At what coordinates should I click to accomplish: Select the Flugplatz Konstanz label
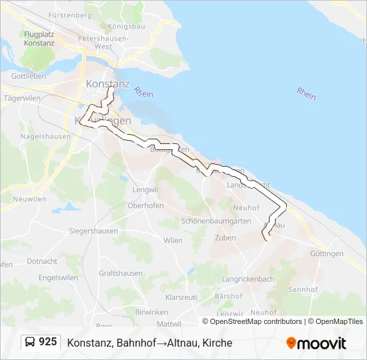(39, 38)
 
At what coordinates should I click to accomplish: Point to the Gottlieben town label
(29, 76)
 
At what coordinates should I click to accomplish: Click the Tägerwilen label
(19, 97)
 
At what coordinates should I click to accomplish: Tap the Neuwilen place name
(29, 199)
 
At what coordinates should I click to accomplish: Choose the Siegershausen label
(93, 231)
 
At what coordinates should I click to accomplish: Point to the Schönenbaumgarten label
(216, 221)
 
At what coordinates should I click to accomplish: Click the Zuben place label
(225, 237)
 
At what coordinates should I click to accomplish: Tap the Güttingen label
(327, 253)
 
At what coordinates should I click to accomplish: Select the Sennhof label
(303, 289)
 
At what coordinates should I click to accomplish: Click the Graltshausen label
(120, 273)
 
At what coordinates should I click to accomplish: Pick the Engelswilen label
(59, 277)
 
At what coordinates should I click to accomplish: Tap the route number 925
(47, 342)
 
